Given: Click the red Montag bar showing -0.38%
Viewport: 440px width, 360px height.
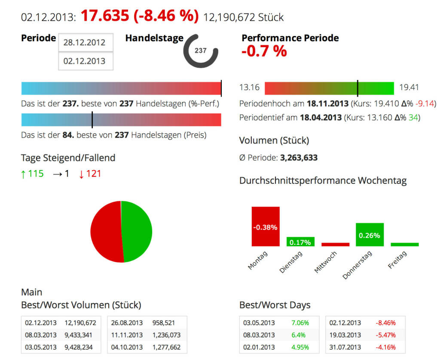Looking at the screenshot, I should point(266,226).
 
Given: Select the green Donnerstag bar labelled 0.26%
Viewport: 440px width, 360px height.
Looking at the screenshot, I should point(370,235).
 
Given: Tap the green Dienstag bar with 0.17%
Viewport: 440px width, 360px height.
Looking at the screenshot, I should point(300,242).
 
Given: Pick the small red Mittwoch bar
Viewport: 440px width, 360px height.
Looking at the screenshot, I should point(335,244).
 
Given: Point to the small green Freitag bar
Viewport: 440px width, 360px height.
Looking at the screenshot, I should point(404,244).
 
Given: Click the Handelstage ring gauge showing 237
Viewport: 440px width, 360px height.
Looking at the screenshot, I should point(201,51).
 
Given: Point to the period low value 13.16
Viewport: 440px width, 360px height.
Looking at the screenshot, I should point(249,88).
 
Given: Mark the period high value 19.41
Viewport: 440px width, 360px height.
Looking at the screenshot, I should point(409,88).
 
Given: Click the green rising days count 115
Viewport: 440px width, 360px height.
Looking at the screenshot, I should point(36,174).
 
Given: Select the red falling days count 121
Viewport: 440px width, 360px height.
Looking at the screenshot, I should point(93,174).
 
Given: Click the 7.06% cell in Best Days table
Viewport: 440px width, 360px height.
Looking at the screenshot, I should point(300,323).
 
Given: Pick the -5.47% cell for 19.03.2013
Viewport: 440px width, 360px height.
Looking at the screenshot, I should point(385,335).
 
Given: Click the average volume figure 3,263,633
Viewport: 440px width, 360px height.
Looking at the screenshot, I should point(299,158).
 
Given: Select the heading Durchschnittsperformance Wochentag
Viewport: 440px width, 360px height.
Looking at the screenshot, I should point(323,181).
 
